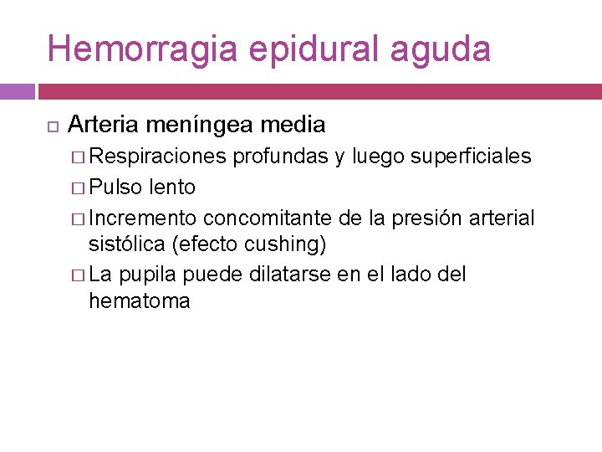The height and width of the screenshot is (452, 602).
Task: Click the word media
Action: point(293,125)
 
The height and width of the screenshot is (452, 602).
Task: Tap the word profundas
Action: point(280,157)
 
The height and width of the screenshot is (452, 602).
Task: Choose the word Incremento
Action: point(143,218)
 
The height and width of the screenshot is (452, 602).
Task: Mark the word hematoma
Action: point(139,300)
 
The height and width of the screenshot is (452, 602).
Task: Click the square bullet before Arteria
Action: point(51,126)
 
